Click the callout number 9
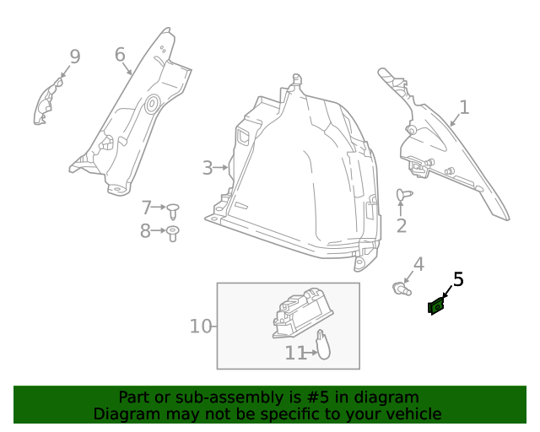point(75,57)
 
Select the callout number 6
point(120,55)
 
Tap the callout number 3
point(208,168)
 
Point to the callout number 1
point(463,107)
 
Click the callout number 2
point(401,225)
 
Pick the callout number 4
point(418,264)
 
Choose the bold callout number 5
point(458,278)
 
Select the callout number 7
point(146,207)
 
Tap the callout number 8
point(145,230)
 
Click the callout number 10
point(200,326)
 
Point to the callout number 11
point(294,353)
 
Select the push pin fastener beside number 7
point(174,208)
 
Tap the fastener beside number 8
point(172,232)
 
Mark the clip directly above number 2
point(402,195)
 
